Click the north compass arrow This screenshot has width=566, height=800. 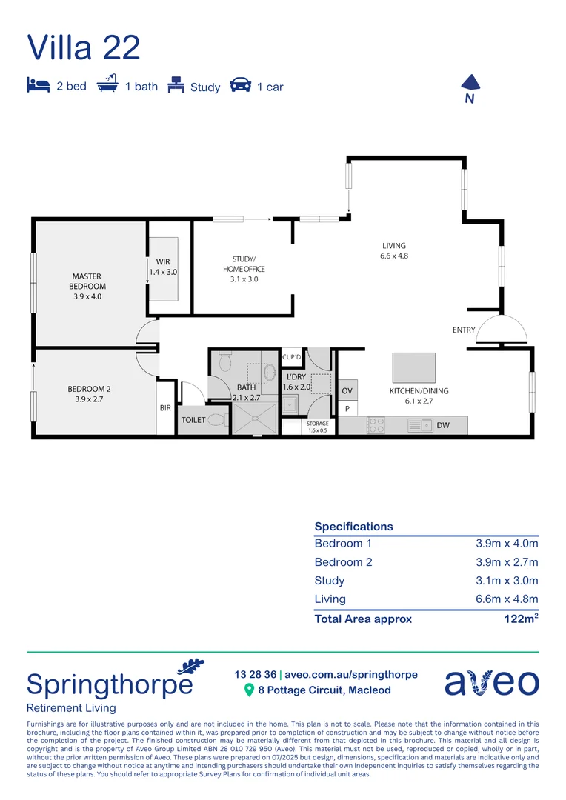click(x=469, y=82)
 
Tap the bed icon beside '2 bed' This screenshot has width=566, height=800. click(x=37, y=84)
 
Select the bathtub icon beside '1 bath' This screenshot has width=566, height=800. click(x=107, y=84)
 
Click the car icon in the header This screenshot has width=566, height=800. click(x=240, y=85)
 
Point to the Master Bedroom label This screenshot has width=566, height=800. click(x=87, y=286)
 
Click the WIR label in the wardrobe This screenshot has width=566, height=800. click(x=163, y=267)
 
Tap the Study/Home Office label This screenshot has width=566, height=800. click(x=244, y=269)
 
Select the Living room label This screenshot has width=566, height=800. click(x=394, y=250)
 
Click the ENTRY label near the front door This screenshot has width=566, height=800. click(x=464, y=330)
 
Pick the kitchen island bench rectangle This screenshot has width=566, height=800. click(x=413, y=367)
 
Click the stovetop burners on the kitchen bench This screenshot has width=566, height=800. click(x=376, y=425)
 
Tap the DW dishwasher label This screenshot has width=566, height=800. click(x=443, y=426)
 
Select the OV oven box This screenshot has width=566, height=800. click(x=347, y=390)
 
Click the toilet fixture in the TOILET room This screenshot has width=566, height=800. click(x=217, y=420)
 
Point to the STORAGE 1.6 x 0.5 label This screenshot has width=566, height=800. click(x=316, y=426)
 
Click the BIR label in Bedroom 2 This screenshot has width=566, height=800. click(x=165, y=408)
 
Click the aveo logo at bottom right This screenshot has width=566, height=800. click(x=491, y=682)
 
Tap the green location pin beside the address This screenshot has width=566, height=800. click(x=250, y=690)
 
